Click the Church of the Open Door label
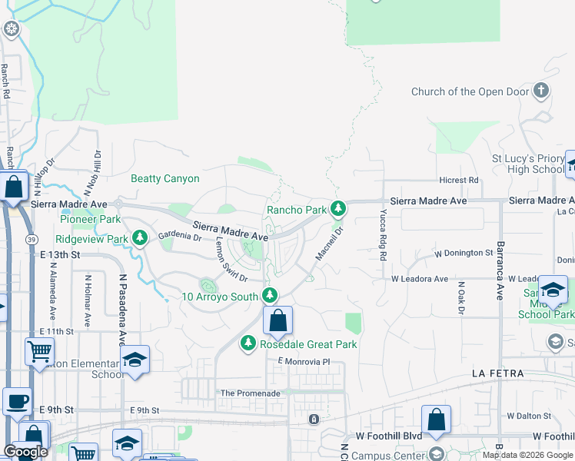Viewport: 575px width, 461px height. pyautogui.click(x=470, y=91)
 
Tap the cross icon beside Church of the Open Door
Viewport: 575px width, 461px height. pyautogui.click(x=541, y=91)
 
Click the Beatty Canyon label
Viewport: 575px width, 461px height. pyautogui.click(x=165, y=179)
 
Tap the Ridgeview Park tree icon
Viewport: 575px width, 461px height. pyautogui.click(x=140, y=238)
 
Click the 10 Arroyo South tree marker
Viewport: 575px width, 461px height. pyautogui.click(x=269, y=295)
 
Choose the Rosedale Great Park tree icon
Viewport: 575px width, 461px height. pyautogui.click(x=248, y=343)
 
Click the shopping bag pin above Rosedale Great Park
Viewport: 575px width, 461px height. pyautogui.click(x=278, y=320)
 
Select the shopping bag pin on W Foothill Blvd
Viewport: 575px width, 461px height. pyautogui.click(x=436, y=420)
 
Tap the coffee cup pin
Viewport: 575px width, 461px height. pyautogui.click(x=17, y=402)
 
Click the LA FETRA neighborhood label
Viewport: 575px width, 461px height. pyautogui.click(x=497, y=373)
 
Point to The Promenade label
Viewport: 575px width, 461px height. pyautogui.click(x=250, y=393)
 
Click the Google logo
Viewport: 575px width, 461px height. pyautogui.click(x=25, y=451)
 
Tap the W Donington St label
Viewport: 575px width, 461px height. pyautogui.click(x=463, y=253)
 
